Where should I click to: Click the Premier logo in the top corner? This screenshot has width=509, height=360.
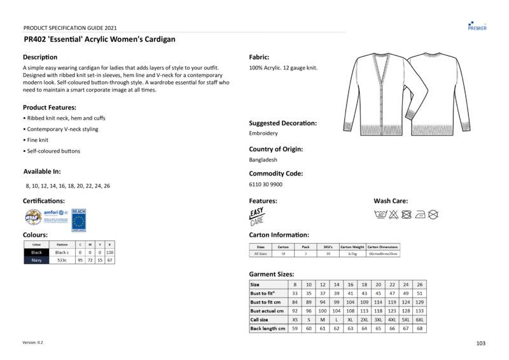477,25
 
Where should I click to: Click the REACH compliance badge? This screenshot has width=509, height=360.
78,219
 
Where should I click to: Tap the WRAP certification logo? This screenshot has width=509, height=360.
32,217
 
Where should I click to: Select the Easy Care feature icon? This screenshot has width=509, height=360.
256,217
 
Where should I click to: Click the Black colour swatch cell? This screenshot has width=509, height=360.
36,253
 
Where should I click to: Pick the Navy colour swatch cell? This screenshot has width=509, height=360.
36,260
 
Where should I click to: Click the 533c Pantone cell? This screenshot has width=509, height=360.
62,260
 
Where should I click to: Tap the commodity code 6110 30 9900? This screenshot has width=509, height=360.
265,184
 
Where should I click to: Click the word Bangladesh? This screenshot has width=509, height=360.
263,160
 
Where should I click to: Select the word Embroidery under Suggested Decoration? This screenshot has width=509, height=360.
263,134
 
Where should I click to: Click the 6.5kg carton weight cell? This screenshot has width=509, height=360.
352,254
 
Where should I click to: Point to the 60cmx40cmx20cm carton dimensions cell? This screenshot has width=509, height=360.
383,254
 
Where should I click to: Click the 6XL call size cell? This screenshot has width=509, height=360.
419,319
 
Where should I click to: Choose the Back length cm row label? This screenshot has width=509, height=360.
268,328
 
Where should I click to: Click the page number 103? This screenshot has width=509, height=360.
480,343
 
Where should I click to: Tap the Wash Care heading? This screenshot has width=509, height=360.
391,201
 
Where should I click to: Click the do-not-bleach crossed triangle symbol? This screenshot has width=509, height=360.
393,215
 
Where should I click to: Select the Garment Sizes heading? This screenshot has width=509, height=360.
271,274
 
